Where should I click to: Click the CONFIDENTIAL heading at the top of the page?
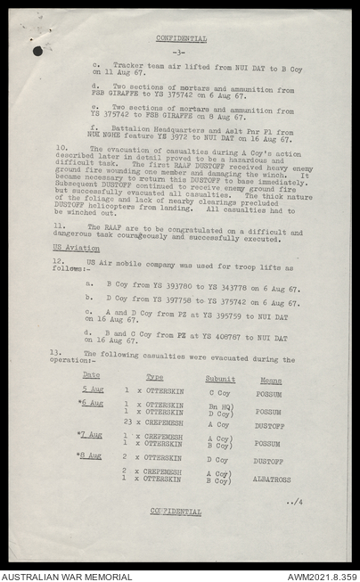[x=181, y=38]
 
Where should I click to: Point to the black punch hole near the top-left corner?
[x=37, y=51]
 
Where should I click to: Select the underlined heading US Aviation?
[x=76, y=248]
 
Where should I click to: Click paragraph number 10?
[x=61, y=147]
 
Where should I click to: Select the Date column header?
[x=91, y=376]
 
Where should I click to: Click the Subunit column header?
[x=219, y=379]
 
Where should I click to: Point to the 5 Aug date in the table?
[x=92, y=389]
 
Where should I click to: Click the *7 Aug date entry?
[x=90, y=434]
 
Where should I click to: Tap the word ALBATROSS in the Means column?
[x=271, y=479]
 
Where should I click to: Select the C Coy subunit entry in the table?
[x=218, y=392]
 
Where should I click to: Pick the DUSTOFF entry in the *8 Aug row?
[x=267, y=460]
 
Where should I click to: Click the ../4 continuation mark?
[x=294, y=503]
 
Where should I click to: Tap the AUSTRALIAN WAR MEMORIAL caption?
[x=68, y=576]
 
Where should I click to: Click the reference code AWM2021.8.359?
[x=321, y=576]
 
